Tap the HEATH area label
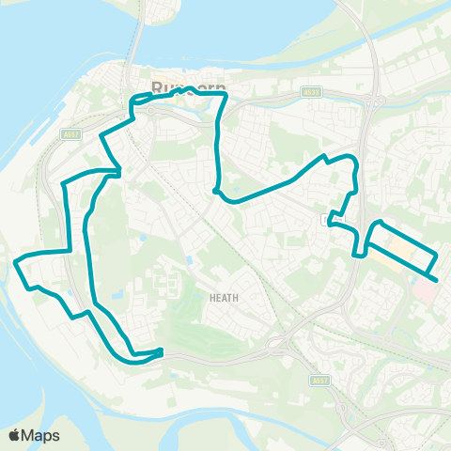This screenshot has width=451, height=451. tap(225, 298)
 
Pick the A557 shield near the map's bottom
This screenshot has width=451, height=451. tap(319, 381)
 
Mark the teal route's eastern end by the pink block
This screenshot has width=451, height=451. tap(437, 277)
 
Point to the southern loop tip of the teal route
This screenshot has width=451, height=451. tap(161, 353)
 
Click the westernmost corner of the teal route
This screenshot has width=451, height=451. tap(16, 264)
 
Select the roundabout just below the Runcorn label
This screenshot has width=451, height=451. tap(150, 110)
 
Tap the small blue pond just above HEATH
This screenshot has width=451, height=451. tap(188, 259)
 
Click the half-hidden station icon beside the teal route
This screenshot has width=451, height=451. tap(326, 220)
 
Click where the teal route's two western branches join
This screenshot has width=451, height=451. tap(117, 173)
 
